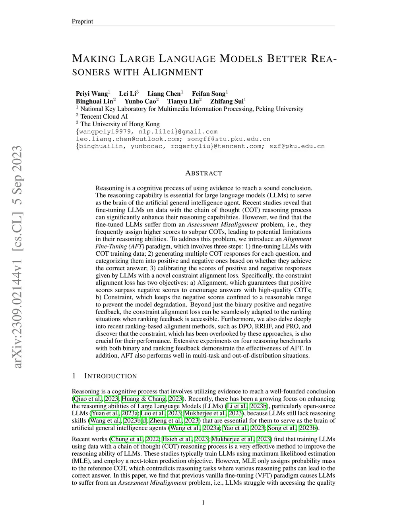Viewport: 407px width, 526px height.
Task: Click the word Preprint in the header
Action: (82, 21)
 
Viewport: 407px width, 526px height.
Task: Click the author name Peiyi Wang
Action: (92, 94)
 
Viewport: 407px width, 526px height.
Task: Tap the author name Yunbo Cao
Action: (140, 101)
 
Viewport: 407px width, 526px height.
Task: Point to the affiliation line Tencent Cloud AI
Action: (104, 116)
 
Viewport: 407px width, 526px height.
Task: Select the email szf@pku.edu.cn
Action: (297, 146)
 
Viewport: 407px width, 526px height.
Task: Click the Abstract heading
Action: (203, 173)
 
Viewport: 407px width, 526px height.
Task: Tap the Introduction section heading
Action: (111, 376)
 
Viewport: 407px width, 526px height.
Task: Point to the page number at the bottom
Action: (203, 503)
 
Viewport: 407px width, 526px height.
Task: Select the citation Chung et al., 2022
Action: (135, 439)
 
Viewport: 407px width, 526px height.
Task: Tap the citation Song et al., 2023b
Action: (292, 428)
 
